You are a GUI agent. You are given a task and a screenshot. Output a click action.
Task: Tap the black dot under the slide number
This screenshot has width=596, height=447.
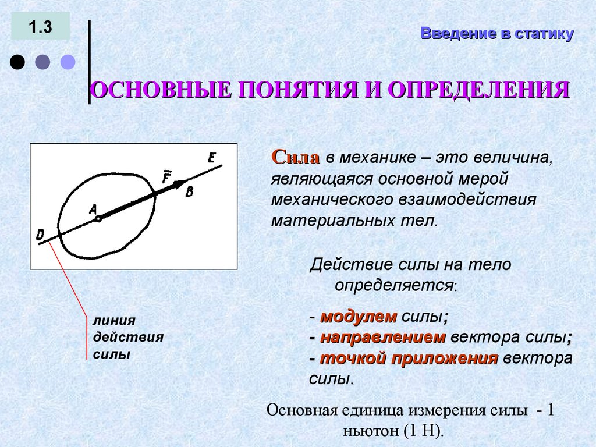click(18, 62)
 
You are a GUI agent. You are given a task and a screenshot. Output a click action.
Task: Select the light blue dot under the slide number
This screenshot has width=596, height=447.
click(68, 62)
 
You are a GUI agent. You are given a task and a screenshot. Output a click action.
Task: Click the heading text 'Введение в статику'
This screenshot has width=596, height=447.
click(497, 34)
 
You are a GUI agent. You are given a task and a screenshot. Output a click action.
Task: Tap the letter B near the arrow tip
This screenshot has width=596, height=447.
click(189, 192)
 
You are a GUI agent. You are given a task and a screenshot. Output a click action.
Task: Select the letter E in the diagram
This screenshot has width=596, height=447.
click(211, 157)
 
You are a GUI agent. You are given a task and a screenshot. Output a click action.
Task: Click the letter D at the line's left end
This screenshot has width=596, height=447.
click(40, 235)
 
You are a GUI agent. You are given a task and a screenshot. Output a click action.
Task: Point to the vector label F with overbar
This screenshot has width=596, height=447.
click(166, 177)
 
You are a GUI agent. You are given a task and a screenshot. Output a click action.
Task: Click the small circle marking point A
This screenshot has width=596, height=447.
click(98, 219)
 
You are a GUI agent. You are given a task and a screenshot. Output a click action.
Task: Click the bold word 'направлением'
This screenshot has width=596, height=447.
click(382, 338)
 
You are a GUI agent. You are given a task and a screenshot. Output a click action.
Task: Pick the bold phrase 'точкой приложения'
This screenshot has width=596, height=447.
click(409, 359)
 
